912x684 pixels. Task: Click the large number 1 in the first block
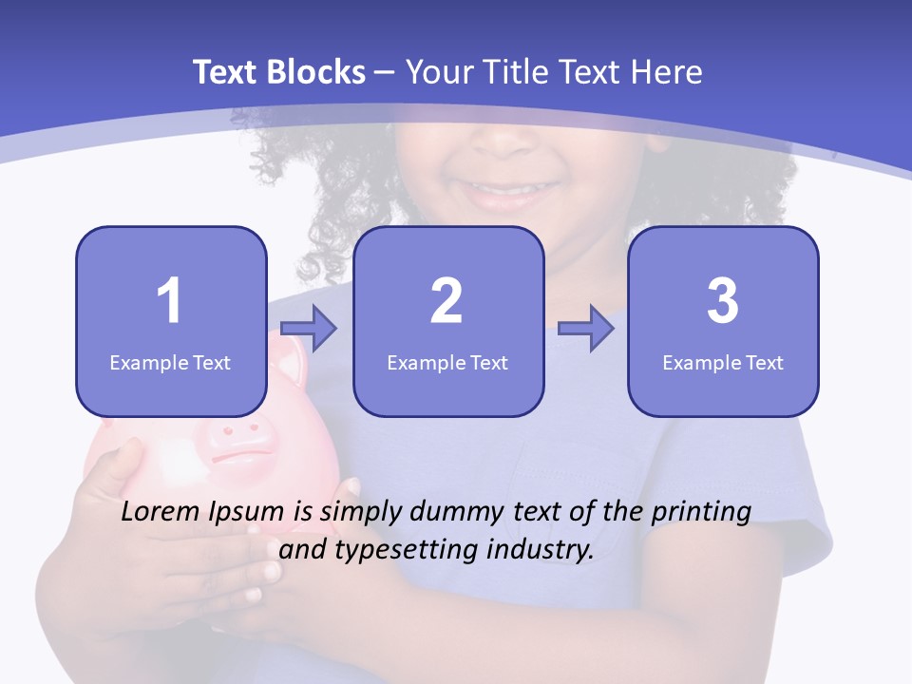pyautogui.click(x=169, y=301)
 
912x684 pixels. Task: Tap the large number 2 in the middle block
pyautogui.click(x=446, y=301)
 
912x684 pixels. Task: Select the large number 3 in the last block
pyautogui.click(x=723, y=301)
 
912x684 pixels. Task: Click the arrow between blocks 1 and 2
pyautogui.click(x=309, y=329)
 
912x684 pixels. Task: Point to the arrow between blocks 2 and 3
pyautogui.click(x=585, y=329)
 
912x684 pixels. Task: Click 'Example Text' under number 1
pyautogui.click(x=170, y=362)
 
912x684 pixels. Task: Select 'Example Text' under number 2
pyautogui.click(x=447, y=362)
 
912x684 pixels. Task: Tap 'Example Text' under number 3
pyautogui.click(x=723, y=362)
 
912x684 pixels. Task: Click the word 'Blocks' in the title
pyautogui.click(x=317, y=72)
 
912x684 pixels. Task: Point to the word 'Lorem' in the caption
pyautogui.click(x=161, y=512)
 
